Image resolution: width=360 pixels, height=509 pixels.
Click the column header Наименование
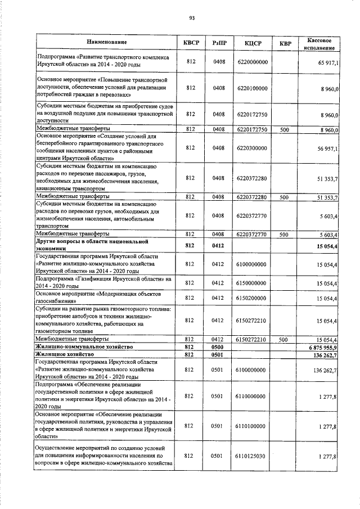(x=106, y=42)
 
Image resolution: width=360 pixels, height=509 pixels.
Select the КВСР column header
(x=191, y=42)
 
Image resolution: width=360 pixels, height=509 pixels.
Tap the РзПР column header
(x=219, y=42)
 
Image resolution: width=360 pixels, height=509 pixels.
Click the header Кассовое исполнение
(x=319, y=42)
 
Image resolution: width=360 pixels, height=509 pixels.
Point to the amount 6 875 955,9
(x=321, y=348)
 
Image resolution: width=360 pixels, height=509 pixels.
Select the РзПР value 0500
(x=219, y=348)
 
